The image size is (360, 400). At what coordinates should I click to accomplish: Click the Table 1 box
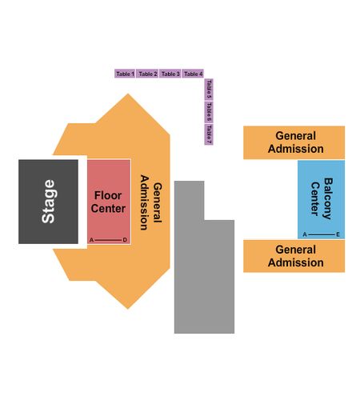coord(125,74)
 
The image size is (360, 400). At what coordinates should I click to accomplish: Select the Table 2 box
coord(148,74)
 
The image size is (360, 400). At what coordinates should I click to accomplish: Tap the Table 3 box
coord(170,74)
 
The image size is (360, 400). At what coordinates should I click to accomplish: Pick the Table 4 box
coord(193,74)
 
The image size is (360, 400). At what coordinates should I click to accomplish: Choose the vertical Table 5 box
coord(209,90)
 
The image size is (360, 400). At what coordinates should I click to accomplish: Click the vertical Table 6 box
coord(209,112)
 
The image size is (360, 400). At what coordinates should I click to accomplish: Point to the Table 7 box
coord(209,134)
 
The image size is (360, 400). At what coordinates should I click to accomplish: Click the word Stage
coord(48,202)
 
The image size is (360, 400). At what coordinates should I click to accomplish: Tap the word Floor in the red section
coord(108,195)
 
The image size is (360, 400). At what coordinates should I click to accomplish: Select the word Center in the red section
coord(108,209)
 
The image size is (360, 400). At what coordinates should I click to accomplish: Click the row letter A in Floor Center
coord(91,240)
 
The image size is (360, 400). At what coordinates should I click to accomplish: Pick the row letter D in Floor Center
coord(125,240)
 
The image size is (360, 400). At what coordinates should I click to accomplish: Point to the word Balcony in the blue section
coord(328,198)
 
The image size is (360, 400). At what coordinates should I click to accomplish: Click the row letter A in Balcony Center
coord(305,234)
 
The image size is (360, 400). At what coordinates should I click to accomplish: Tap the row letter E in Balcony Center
coord(338,234)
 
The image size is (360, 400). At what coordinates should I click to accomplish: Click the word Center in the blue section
coord(315,198)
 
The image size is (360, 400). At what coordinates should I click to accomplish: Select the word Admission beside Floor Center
coord(144,202)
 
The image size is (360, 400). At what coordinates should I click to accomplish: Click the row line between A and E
coord(322,234)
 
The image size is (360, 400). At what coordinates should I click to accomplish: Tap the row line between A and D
coord(108,240)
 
